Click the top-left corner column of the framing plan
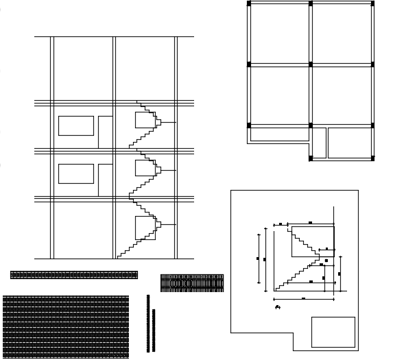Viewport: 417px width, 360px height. pyautogui.click(x=248, y=3)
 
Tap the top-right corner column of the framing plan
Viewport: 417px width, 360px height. pyautogui.click(x=372, y=3)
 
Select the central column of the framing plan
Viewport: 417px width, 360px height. pyautogui.click(x=311, y=64)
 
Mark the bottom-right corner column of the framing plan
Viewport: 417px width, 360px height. pyautogui.click(x=372, y=158)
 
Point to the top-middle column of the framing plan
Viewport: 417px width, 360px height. pyautogui.click(x=311, y=3)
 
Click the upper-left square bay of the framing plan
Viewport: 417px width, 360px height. pyautogui.click(x=280, y=34)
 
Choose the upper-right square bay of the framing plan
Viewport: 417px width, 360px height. pyautogui.click(x=342, y=34)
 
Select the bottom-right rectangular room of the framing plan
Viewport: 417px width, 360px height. pyautogui.click(x=350, y=143)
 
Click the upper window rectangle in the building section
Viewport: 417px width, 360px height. pyautogui.click(x=76, y=125)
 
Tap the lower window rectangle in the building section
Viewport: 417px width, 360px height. pyautogui.click(x=76, y=173)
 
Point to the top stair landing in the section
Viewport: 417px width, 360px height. pyautogui.click(x=145, y=120)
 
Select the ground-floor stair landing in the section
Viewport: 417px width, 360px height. pyautogui.click(x=145, y=228)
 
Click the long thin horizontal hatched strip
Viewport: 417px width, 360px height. pyautogui.click(x=74, y=275)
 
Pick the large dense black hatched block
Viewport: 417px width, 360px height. pyautogui.click(x=66, y=326)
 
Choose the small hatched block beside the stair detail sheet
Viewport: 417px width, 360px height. pyautogui.click(x=192, y=283)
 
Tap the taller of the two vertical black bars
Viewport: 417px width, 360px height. pyautogui.click(x=148, y=323)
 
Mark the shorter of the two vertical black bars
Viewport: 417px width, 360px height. pyautogui.click(x=154, y=330)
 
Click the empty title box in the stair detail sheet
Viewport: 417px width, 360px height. pyautogui.click(x=333, y=332)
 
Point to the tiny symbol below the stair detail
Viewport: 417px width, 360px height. pyautogui.click(x=278, y=307)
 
